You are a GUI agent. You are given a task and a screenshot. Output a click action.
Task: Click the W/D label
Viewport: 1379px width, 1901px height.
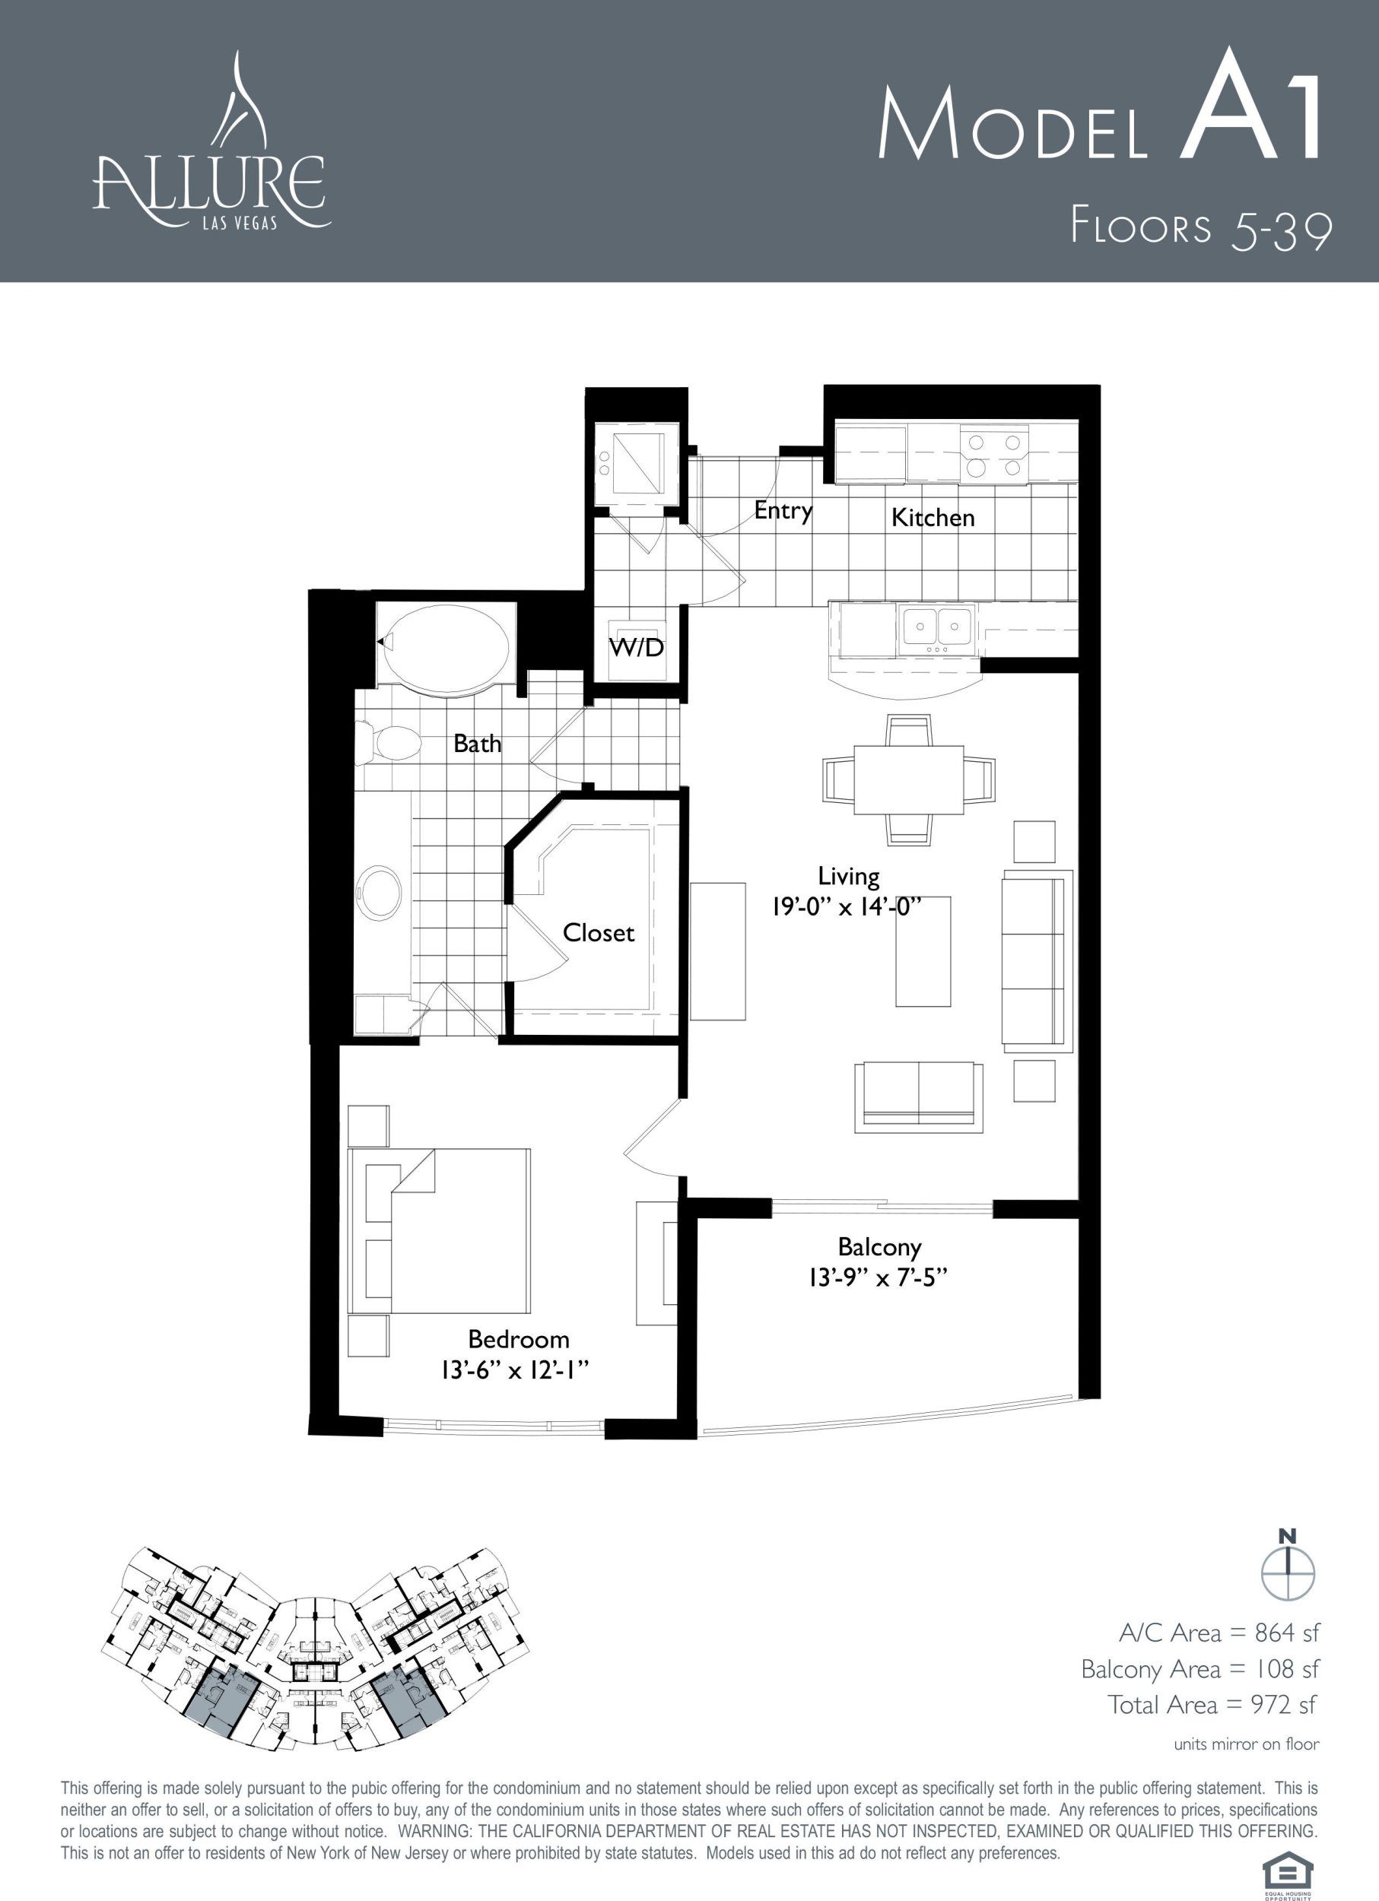click(637, 647)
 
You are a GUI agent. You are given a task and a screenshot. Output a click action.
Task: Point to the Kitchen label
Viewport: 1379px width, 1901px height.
click(933, 517)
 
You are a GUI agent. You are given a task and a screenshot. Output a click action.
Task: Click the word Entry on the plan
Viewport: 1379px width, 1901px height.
click(783, 510)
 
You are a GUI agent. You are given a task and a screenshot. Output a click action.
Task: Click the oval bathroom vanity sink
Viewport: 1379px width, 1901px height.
click(380, 895)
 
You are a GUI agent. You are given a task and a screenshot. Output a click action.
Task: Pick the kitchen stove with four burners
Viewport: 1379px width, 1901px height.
click(994, 455)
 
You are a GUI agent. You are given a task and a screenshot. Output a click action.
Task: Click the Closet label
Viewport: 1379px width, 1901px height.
click(599, 933)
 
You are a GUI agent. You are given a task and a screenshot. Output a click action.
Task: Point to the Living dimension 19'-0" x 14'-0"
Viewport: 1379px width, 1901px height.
click(848, 908)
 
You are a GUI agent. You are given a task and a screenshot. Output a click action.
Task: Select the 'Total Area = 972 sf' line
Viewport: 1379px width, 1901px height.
click(1212, 1704)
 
